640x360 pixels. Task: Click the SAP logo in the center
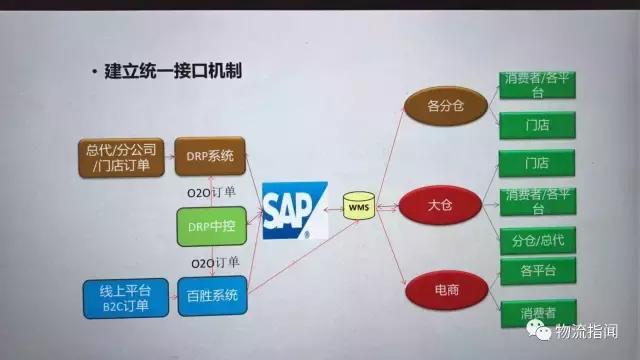(x=295, y=211)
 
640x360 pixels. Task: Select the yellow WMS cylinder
(x=358, y=207)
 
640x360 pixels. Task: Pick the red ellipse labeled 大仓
(x=436, y=206)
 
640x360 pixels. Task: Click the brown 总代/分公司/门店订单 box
(x=113, y=157)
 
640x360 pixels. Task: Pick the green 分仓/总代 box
(x=536, y=240)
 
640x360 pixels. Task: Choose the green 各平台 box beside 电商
(x=536, y=271)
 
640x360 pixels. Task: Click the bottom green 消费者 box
(x=536, y=312)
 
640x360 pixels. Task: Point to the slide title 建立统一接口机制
(x=173, y=71)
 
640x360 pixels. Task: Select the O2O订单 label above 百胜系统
(x=213, y=263)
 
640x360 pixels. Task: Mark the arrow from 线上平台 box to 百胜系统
(x=161, y=298)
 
